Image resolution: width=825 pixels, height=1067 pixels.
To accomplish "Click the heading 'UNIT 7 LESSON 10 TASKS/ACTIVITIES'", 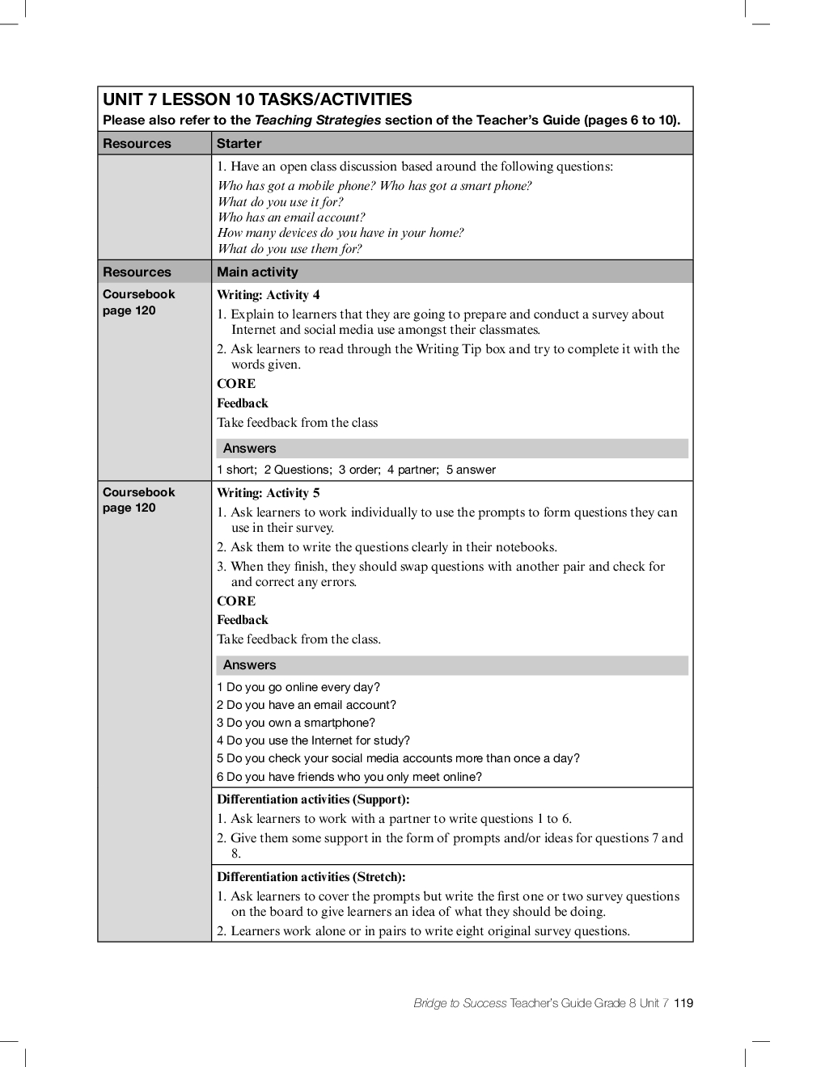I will tap(257, 100).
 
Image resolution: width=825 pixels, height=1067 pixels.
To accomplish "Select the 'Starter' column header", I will tap(239, 144).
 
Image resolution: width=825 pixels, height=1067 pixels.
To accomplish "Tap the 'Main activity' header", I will tap(257, 272).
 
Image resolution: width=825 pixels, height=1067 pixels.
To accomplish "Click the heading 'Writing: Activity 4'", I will tap(268, 295).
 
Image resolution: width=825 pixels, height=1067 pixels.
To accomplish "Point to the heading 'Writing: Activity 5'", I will tap(268, 493).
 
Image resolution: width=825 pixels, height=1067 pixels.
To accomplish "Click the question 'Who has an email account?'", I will tap(291, 217).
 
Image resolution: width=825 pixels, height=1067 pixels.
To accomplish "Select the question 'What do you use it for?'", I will tap(280, 202).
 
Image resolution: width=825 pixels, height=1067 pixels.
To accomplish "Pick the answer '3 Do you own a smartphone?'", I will tap(296, 723).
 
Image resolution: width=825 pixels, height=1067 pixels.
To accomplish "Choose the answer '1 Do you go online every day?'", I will tap(298, 687).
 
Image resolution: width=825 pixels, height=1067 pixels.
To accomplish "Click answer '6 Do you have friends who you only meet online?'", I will tap(349, 777).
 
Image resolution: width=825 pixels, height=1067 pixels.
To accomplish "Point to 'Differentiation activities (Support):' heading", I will tap(313, 799).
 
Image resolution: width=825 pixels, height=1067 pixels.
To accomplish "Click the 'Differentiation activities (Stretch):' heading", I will tap(311, 877).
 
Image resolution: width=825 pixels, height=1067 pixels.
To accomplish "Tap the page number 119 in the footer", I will tap(683, 1003).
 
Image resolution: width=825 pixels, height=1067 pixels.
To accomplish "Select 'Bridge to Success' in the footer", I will tap(459, 1003).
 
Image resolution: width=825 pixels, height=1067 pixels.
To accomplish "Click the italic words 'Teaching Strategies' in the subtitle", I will tap(318, 120).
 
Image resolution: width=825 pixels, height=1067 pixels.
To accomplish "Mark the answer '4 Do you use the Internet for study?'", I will tap(313, 740).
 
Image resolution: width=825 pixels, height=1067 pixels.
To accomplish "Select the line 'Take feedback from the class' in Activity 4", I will tap(297, 423).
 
